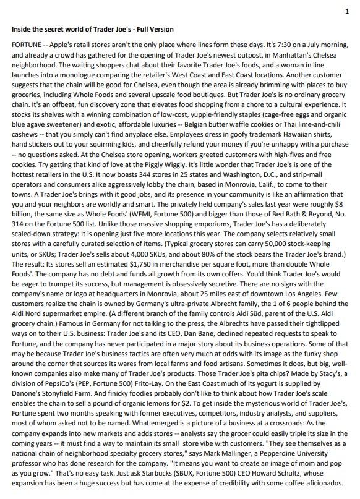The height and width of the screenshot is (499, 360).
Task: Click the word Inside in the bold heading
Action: point(22,29)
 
